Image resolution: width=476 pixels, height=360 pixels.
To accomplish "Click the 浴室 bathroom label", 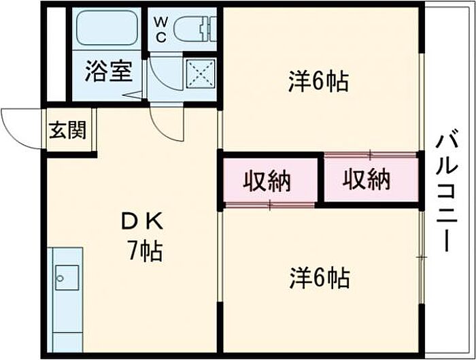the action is (108, 71).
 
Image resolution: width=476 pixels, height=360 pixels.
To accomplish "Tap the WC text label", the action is (161, 30).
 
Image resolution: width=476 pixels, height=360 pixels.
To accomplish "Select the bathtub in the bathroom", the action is (107, 29).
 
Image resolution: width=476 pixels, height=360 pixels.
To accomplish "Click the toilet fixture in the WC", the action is (195, 29).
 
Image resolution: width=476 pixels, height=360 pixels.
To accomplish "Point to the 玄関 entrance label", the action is (68, 130).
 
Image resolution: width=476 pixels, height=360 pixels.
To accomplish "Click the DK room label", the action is (143, 223).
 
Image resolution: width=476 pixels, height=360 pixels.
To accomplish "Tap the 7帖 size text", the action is (145, 251).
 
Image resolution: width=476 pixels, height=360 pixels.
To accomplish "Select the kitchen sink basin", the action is (67, 278).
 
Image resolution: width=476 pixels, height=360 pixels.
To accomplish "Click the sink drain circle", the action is (61, 278).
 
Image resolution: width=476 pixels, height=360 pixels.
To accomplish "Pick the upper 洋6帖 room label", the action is (318, 81).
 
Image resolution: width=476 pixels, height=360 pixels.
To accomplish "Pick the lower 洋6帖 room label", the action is (320, 278).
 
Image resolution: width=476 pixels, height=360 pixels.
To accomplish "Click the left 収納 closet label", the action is (267, 181).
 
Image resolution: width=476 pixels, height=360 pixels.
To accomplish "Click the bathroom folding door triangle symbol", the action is (133, 95).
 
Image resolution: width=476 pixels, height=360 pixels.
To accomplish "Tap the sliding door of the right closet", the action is (370, 155).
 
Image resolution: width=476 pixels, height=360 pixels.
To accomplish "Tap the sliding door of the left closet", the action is (270, 205).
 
